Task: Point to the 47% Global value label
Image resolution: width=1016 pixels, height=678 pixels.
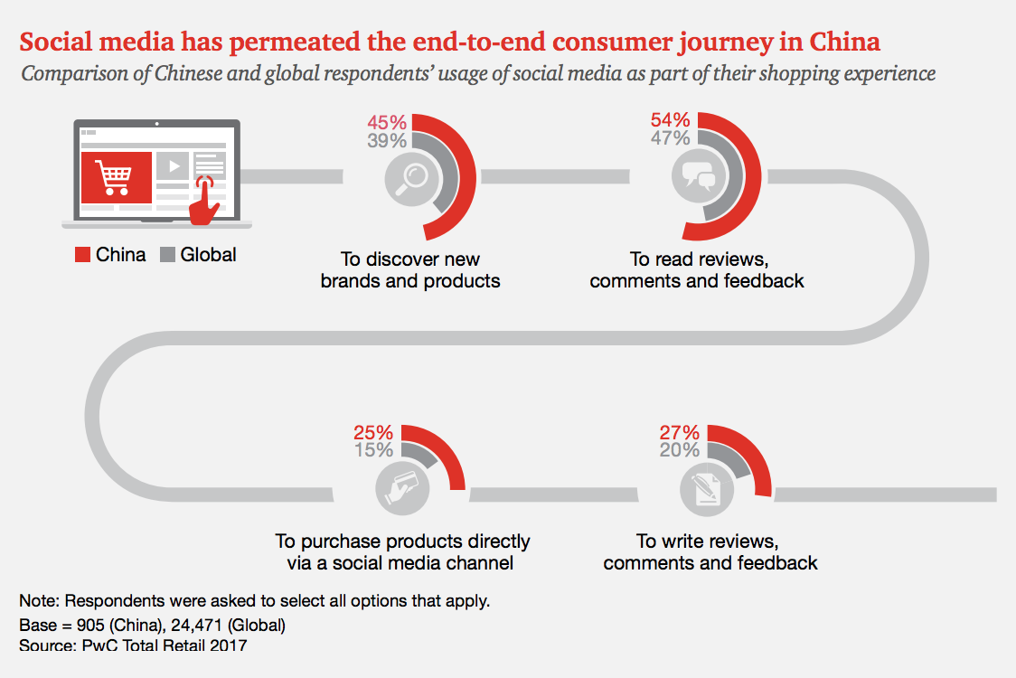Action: [x=670, y=138]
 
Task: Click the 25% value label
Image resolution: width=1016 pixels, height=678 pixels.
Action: [x=373, y=432]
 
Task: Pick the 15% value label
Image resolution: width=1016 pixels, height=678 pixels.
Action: [x=373, y=450]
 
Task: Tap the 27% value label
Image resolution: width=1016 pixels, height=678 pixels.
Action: [x=679, y=432]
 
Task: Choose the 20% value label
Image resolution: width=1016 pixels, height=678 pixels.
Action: [x=679, y=450]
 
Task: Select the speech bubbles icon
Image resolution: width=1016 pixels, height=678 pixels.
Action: [x=699, y=172]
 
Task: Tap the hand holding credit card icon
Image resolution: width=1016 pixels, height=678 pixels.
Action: [x=401, y=489]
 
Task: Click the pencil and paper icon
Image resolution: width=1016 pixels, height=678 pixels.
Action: [x=706, y=489]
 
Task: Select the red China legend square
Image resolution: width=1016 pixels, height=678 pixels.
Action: [x=82, y=255]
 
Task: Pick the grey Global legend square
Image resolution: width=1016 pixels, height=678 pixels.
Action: [x=166, y=255]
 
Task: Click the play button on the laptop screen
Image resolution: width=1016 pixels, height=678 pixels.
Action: [x=173, y=165]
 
